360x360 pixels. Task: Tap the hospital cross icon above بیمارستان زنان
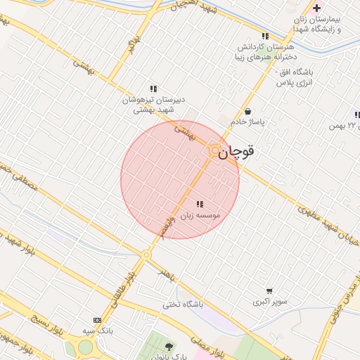[x=316, y=8]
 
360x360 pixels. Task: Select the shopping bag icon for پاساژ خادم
[x=247, y=111]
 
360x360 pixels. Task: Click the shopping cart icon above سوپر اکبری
[x=269, y=291]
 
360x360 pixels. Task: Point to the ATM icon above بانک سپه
[x=97, y=320]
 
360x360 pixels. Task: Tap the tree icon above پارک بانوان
[x=169, y=346]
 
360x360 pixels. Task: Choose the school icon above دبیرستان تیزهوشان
[x=153, y=89]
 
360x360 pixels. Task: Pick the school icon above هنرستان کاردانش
[x=265, y=36]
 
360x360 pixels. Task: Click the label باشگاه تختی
[x=183, y=304]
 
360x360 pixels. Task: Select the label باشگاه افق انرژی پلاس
[x=292, y=77]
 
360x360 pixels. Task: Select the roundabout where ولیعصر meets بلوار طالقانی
[x=146, y=255]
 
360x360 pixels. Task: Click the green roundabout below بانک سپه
[x=85, y=347]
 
